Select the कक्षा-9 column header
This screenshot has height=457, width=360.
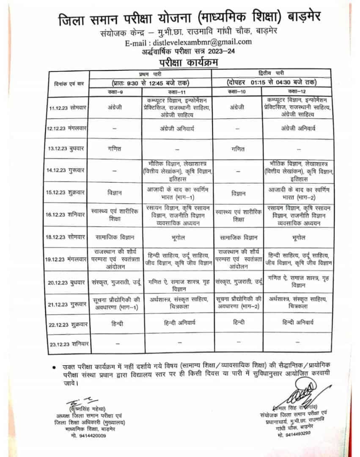[115, 91]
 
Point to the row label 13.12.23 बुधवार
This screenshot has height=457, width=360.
[67, 149]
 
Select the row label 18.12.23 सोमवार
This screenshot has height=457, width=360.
[67, 237]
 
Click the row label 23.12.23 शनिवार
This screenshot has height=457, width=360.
[67, 344]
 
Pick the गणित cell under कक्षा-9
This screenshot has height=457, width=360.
[115, 149]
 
